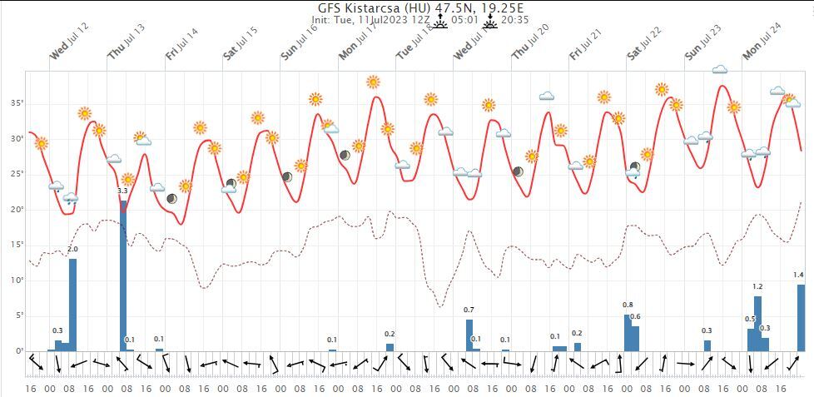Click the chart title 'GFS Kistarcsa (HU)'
point(365,8)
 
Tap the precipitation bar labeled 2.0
point(72,304)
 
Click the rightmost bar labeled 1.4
point(801,316)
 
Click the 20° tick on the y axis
point(16,210)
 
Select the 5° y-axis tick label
point(17,315)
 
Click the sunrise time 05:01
point(464,19)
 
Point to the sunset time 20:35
point(515,19)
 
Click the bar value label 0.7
point(469,310)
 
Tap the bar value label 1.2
point(757,287)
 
